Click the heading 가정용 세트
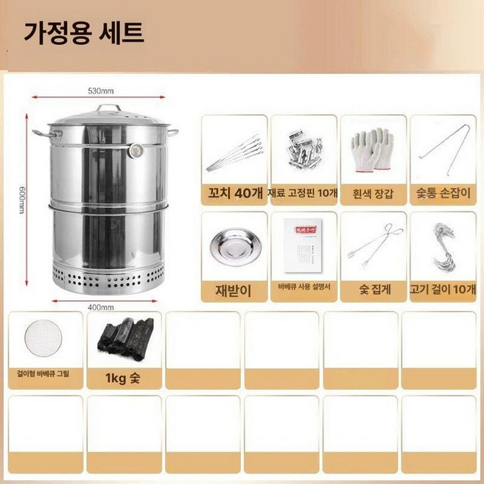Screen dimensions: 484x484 pos(84,33)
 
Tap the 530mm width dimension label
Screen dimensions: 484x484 pos(100,91)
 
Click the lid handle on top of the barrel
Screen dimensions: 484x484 pos(109,109)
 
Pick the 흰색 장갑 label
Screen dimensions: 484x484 pos(372,194)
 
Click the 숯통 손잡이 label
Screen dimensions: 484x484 pos(442,194)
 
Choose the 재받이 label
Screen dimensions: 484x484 pos(232,291)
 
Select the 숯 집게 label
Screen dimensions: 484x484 pos(372,291)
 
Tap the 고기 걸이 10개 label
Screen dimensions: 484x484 pos(442,291)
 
